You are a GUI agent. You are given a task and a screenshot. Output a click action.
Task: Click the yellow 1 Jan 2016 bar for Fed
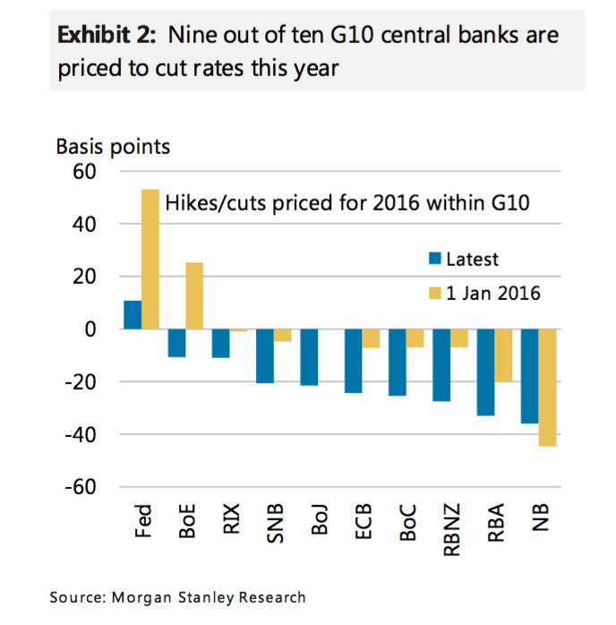pos(150,259)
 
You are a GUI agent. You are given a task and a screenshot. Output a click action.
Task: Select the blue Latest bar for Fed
pos(133,314)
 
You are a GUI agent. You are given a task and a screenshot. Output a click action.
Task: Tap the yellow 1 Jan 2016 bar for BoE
pos(193,295)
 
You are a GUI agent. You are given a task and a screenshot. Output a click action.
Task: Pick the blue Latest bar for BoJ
pos(309,357)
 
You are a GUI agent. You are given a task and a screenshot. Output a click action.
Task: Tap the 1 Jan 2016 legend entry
pos(483,292)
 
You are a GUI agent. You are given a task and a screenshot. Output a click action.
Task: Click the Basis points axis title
pos(113,145)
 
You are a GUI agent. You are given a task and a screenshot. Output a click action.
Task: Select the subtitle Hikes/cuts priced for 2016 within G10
pos(347,203)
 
